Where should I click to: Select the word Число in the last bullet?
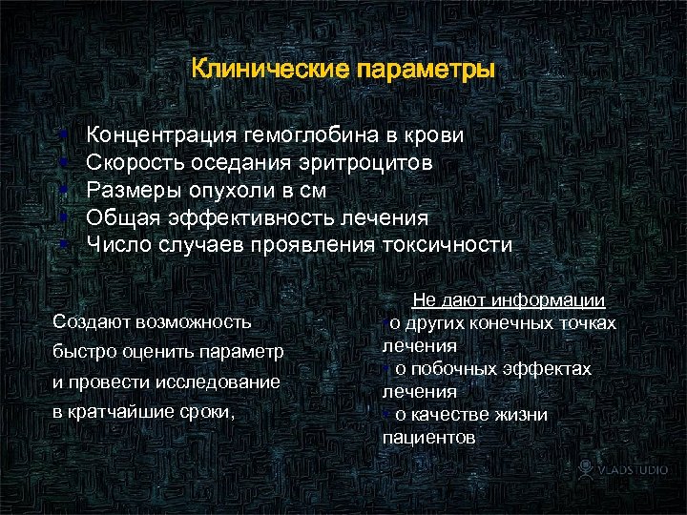pyautogui.click(x=114, y=244)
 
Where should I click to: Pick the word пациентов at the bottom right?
pyautogui.click(x=427, y=438)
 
